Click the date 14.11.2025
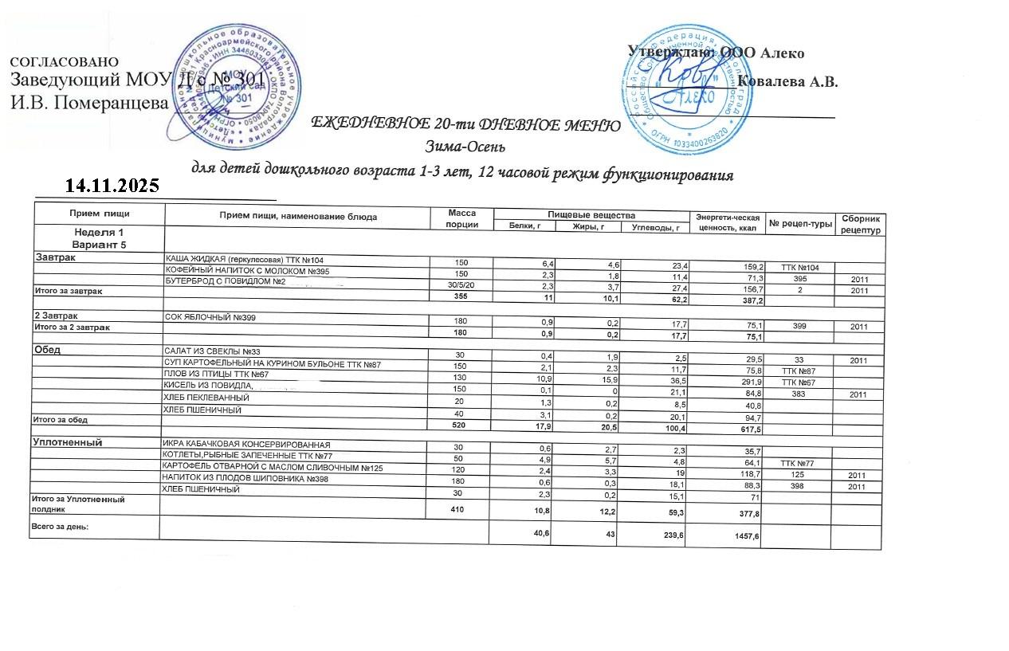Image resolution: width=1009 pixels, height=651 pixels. point(112,186)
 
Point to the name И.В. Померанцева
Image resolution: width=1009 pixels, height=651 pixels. point(89,102)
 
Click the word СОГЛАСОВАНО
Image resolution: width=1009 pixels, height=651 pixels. point(65,62)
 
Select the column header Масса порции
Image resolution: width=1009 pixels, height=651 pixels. point(461,219)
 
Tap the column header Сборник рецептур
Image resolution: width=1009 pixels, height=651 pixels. point(859,224)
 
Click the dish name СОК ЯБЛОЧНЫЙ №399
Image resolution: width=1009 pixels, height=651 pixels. point(210,317)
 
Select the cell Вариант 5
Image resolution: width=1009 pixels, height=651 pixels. point(98,244)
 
